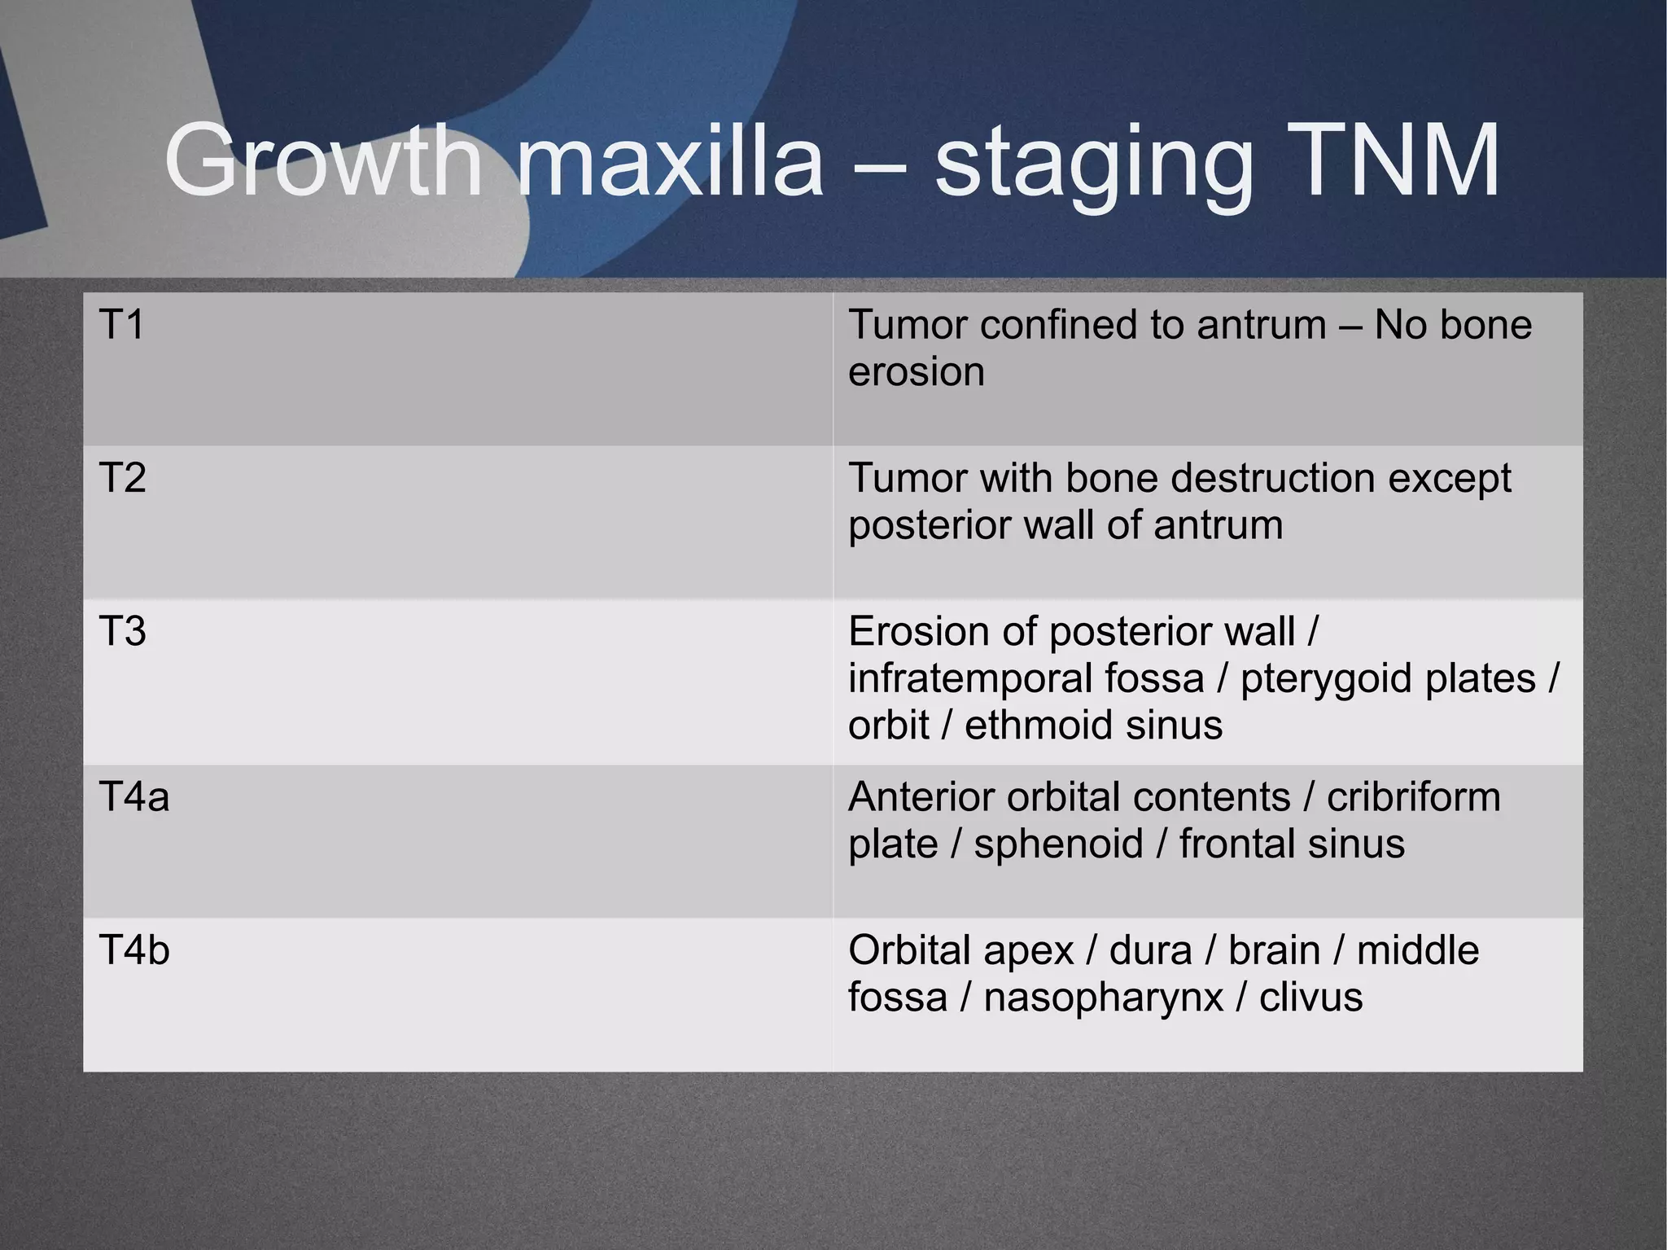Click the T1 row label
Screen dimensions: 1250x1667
[x=121, y=325]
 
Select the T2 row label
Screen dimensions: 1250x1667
[x=122, y=478]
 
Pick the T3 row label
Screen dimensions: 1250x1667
[x=122, y=631]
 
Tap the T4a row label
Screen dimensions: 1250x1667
[x=133, y=796]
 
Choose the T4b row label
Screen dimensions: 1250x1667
[x=133, y=950]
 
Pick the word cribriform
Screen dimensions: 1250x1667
[x=1413, y=796]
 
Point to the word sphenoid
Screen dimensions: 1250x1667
[x=1058, y=844]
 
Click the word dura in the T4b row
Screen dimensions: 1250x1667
[x=1150, y=950]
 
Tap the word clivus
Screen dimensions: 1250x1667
[x=1310, y=997]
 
